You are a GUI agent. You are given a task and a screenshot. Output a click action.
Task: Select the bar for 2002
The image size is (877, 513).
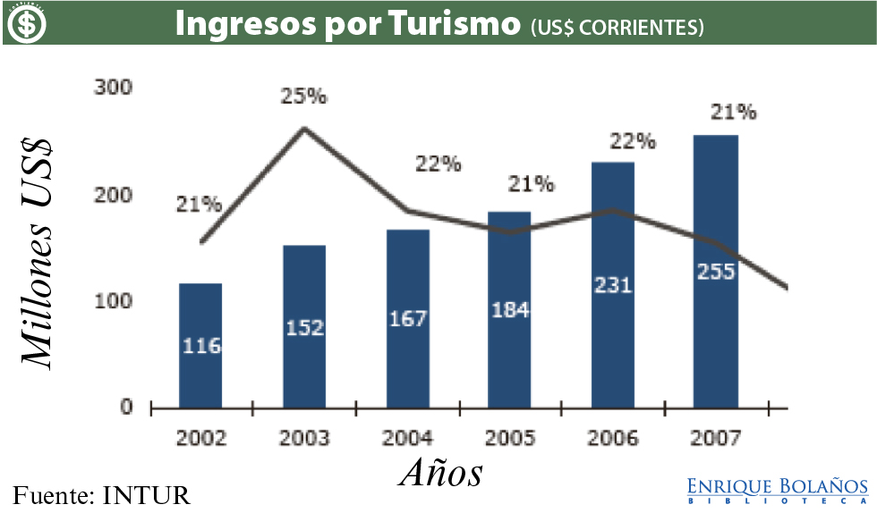[200, 344]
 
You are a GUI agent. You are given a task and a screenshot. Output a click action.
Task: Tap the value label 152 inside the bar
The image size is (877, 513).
[305, 327]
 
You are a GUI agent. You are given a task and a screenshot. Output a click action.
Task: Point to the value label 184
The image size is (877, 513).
[510, 310]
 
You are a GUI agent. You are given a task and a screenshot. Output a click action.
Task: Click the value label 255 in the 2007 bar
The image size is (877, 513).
[716, 271]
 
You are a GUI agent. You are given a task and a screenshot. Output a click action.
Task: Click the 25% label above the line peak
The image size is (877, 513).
[303, 97]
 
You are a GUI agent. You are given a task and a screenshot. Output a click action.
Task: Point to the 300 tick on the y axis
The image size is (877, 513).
[114, 88]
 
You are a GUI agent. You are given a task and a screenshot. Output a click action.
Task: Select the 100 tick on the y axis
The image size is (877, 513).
[114, 301]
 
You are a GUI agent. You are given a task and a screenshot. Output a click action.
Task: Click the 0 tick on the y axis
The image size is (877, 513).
[125, 408]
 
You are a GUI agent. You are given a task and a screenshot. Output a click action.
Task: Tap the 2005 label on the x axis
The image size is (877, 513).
[510, 438]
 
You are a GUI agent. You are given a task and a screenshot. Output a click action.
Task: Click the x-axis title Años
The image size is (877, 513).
[440, 473]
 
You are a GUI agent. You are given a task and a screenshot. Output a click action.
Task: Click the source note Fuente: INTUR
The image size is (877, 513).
[102, 494]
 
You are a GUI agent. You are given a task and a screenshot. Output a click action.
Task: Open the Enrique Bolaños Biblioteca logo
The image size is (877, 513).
[777, 490]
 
